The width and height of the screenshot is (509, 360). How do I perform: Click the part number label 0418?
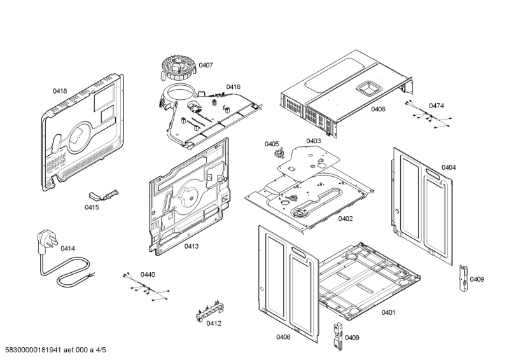pos(59,92)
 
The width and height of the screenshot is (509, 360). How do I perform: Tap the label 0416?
pos(233,87)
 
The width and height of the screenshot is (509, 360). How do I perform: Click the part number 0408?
pos(378,109)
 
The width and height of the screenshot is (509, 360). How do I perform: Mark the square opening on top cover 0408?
pos(368,88)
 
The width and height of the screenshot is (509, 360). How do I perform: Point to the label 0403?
pos(313,141)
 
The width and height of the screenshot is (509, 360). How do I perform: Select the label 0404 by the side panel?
pos(449,167)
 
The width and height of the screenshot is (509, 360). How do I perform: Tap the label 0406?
pos(283,337)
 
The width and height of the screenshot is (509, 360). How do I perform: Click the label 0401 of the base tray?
pos(388,312)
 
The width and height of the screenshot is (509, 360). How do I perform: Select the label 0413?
pos(192,246)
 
